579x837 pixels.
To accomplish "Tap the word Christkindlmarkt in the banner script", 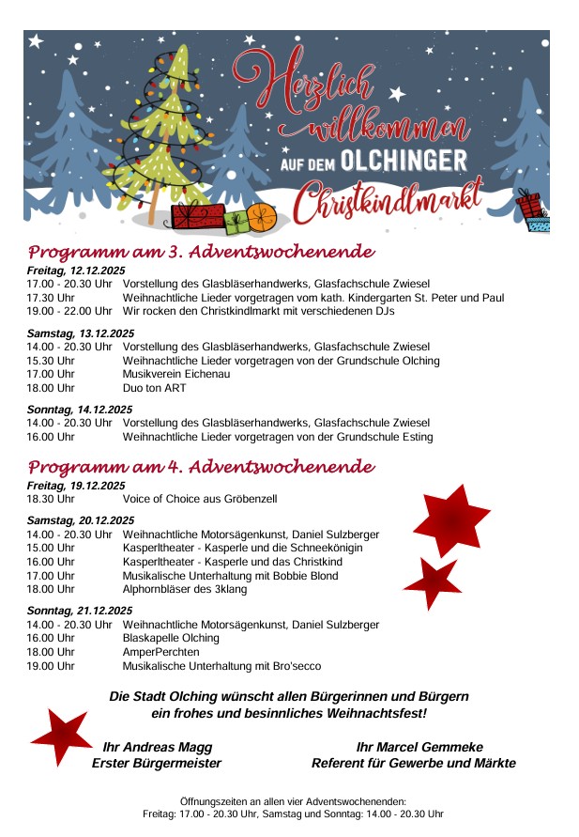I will coord(387,200).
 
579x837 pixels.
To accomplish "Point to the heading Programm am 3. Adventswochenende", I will coord(201,252).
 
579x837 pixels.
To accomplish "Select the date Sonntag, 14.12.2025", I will coord(80,410).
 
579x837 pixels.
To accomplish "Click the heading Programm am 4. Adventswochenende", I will coord(201,467).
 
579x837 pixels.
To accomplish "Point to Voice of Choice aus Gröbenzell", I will coord(200,499).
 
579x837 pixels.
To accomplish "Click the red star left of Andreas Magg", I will coord(62,736).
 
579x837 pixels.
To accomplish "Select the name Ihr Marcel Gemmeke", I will coord(419,747).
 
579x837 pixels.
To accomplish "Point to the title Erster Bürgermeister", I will coord(157,763).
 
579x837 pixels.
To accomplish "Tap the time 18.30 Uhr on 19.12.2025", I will coord(51,499).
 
